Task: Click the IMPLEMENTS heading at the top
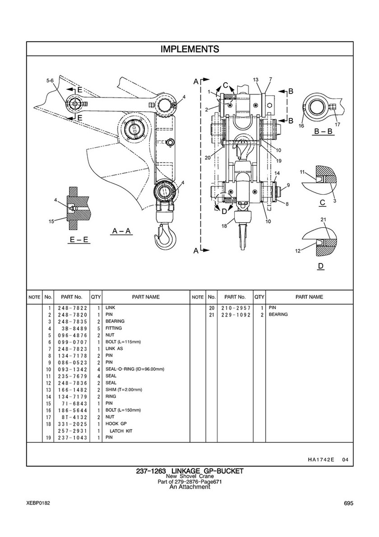(190, 49)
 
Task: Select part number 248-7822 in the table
(72, 308)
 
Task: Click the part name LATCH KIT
(121, 431)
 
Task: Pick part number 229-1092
(236, 315)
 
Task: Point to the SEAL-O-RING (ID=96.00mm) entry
(135, 369)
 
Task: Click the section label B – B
(323, 131)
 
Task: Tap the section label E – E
(79, 240)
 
